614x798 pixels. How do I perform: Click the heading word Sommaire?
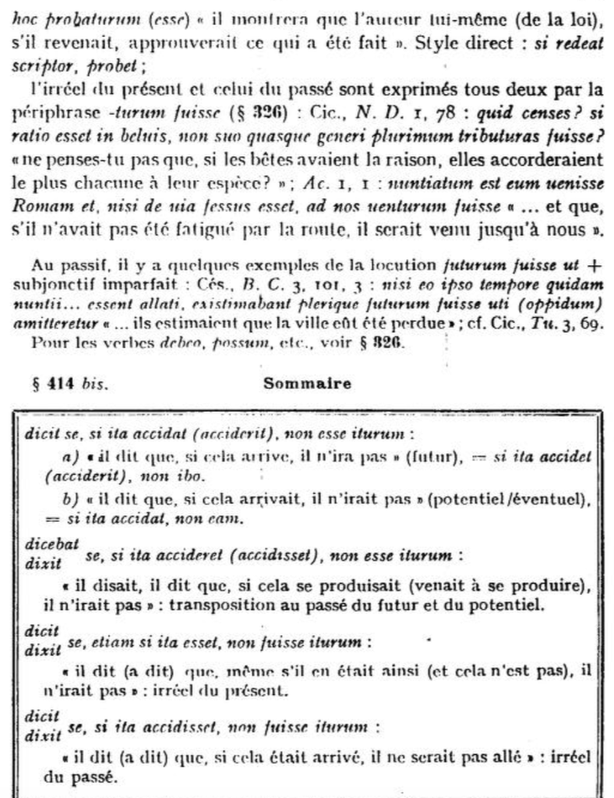[x=308, y=383]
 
